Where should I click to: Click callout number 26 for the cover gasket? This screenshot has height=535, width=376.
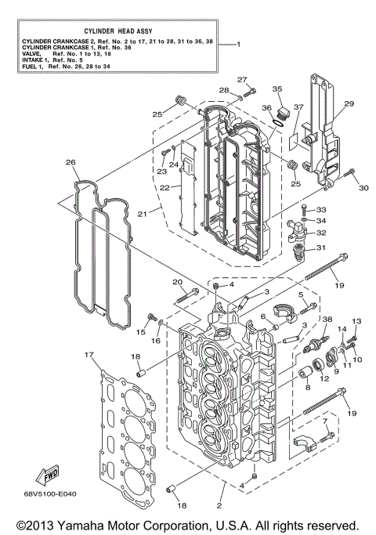(x=70, y=163)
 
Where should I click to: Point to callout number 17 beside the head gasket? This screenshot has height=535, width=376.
(x=88, y=355)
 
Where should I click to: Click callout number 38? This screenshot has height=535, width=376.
(x=327, y=320)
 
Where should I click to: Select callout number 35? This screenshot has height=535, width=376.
(x=277, y=89)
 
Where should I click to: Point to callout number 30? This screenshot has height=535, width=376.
(x=363, y=188)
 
